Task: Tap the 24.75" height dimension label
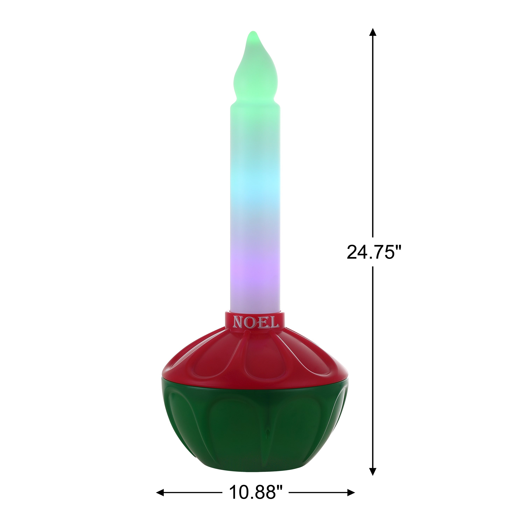pos(374,252)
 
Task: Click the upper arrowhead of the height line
pos(373,32)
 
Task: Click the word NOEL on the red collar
pos(256,322)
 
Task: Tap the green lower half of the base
pos(255,424)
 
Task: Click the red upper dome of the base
pos(255,359)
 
